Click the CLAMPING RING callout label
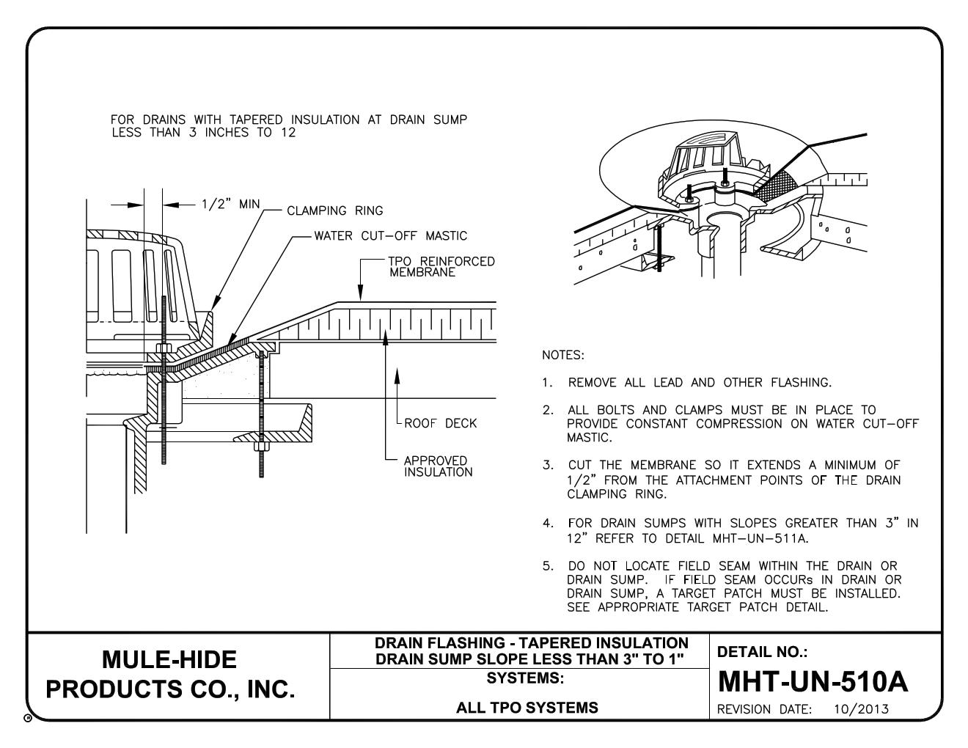[x=334, y=211]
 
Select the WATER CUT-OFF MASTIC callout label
[x=390, y=236]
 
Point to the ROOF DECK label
[x=440, y=423]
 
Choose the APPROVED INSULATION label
[x=439, y=466]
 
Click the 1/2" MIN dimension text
[x=230, y=204]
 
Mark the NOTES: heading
[x=562, y=356]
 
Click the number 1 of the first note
[x=546, y=382]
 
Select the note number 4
[x=547, y=524]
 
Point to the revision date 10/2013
[x=861, y=709]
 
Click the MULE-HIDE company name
[x=170, y=659]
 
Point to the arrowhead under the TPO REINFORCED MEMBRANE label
[x=361, y=296]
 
